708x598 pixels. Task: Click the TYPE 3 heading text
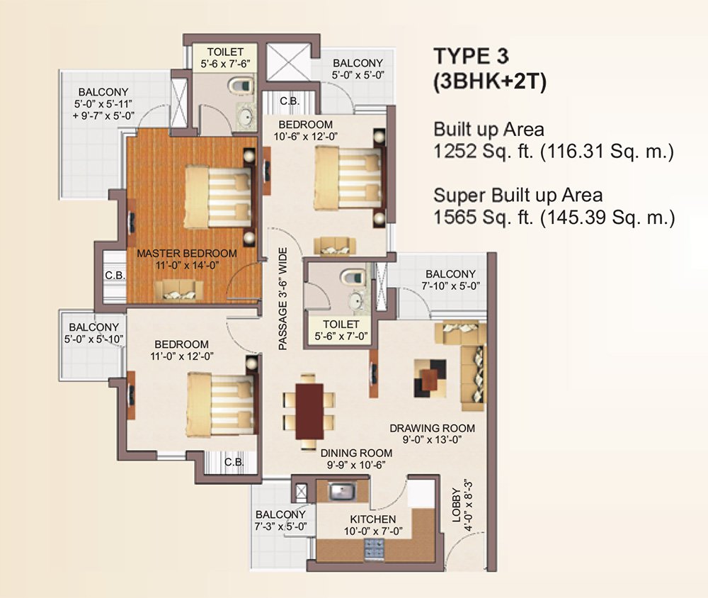(472, 56)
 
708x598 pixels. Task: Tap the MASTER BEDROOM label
(187, 253)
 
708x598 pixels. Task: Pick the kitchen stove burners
(372, 546)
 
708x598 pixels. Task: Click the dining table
(309, 410)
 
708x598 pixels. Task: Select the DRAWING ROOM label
(432, 428)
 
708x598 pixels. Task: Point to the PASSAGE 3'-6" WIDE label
(282, 298)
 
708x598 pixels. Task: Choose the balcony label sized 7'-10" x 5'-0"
(450, 280)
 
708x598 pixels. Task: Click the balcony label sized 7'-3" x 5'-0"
(280, 520)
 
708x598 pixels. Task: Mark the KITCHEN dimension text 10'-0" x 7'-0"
(372, 531)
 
